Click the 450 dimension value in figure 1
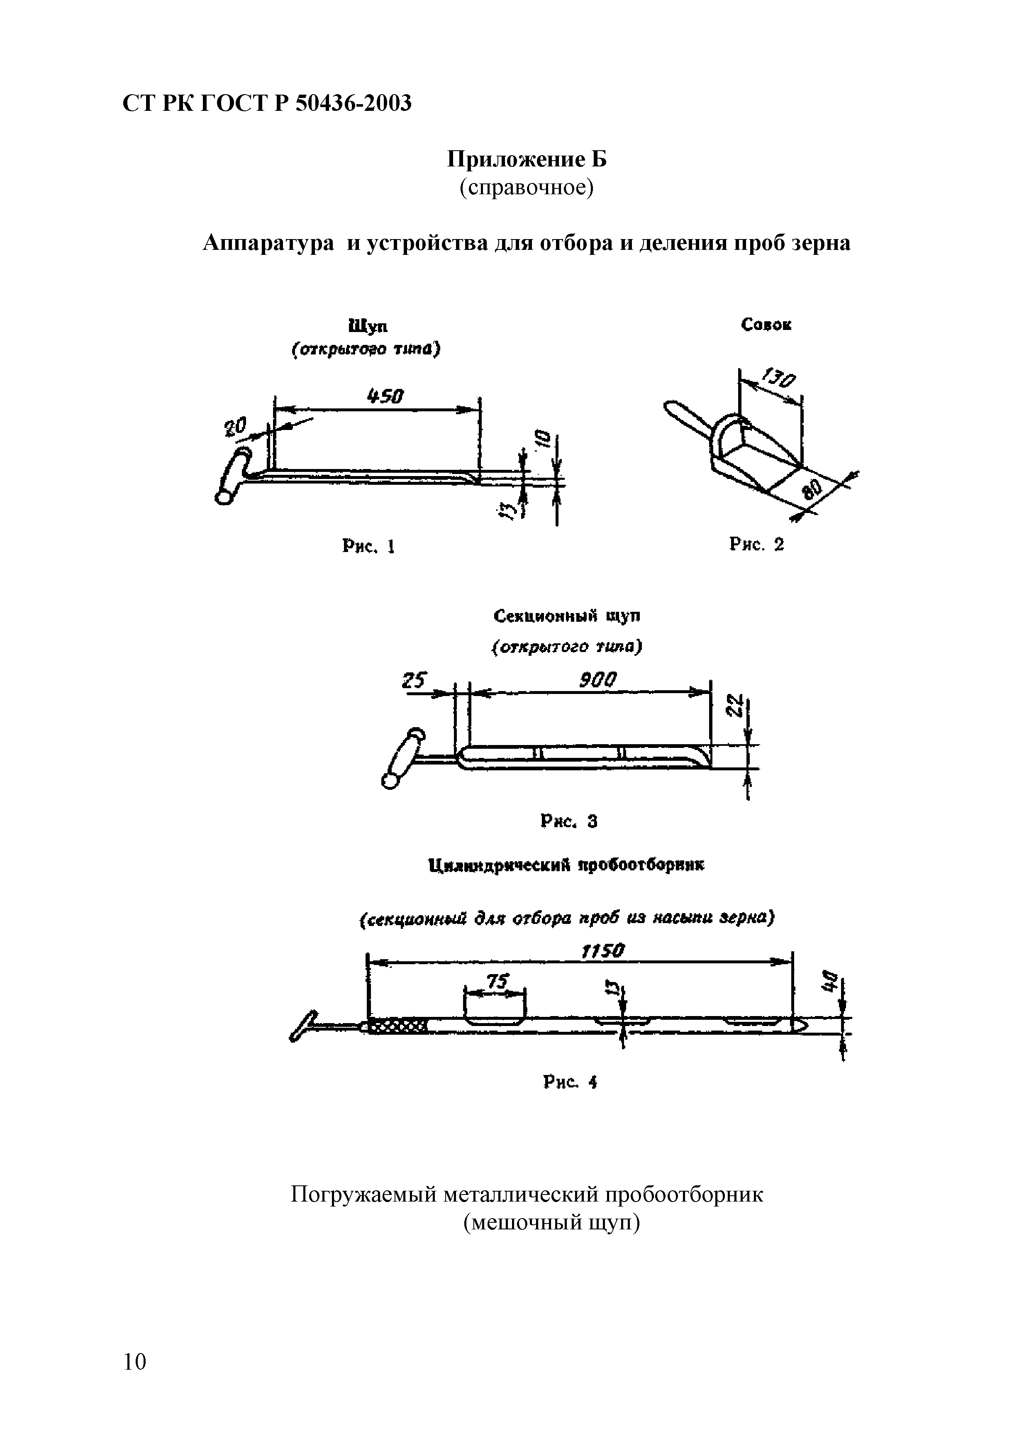click(x=385, y=397)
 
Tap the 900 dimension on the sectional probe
click(x=597, y=680)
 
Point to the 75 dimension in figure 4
click(x=496, y=982)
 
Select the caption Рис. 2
click(x=756, y=544)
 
